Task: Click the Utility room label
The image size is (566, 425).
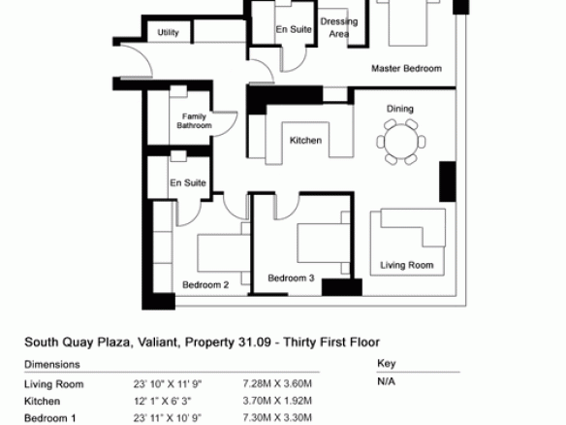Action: (169, 33)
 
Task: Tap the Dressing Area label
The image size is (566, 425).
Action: (339, 27)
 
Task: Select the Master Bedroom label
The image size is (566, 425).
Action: (406, 68)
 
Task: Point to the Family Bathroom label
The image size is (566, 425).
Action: (194, 120)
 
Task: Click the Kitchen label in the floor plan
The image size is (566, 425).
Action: (305, 141)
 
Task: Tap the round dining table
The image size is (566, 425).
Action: (401, 142)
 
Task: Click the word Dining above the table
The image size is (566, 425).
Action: (400, 109)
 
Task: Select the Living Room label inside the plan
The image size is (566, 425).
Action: (407, 265)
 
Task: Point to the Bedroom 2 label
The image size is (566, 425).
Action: (205, 284)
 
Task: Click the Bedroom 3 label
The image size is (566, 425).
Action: (291, 278)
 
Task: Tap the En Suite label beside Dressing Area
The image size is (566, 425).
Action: (294, 29)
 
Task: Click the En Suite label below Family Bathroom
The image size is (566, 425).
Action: (188, 182)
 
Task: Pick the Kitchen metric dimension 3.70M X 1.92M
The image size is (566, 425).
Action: (277, 401)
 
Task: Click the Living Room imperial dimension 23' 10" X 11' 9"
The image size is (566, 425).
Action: (168, 384)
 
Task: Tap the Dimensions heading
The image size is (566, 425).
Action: (52, 364)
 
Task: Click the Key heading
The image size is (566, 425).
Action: (387, 363)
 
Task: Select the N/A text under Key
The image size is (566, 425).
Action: (386, 381)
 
